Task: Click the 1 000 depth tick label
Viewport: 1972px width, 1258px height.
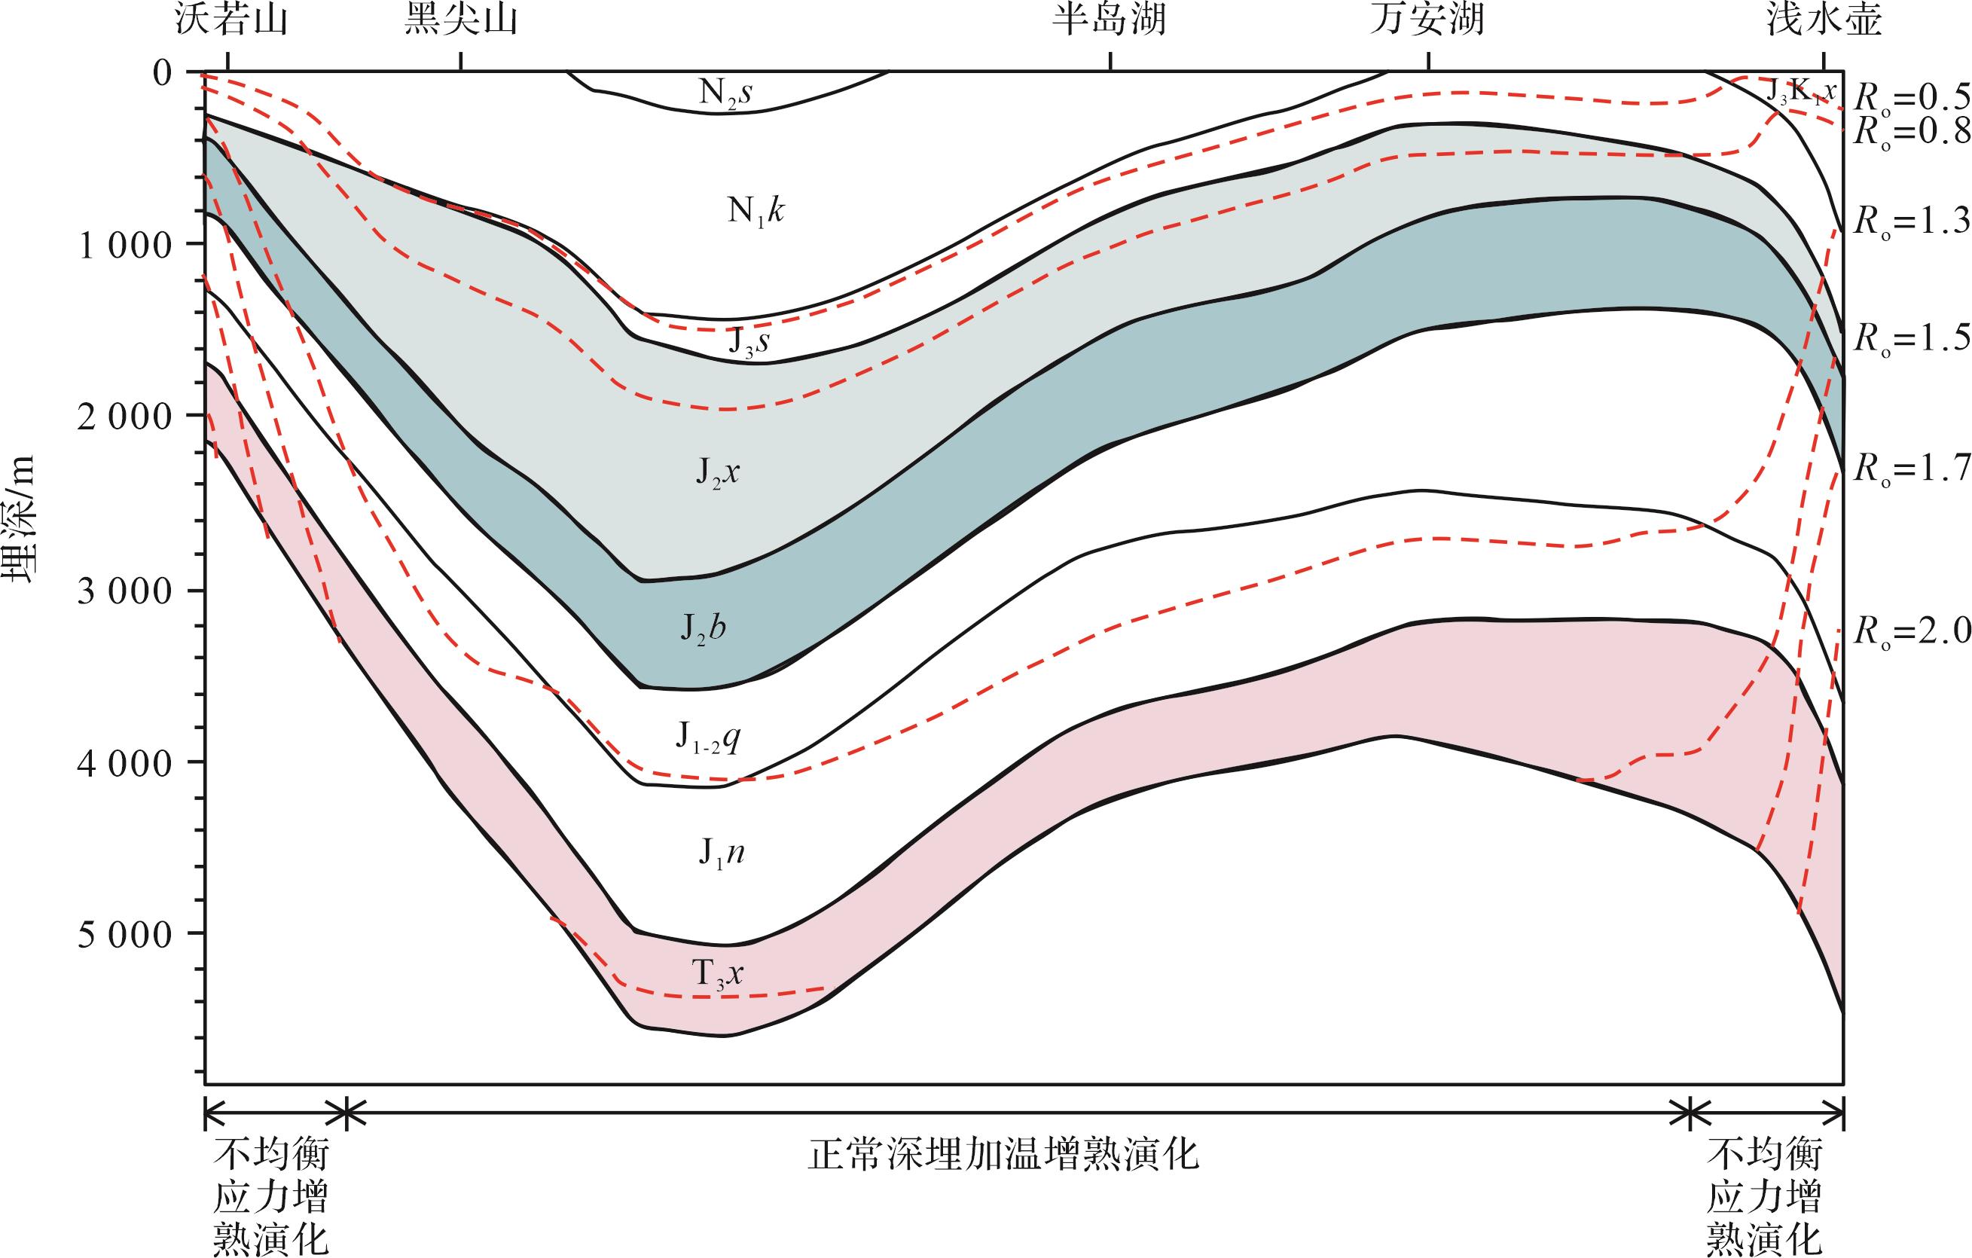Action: (124, 245)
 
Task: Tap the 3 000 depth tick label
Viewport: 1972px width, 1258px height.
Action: (124, 591)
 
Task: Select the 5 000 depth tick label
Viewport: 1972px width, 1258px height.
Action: (124, 935)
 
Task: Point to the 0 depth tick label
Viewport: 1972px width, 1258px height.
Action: (162, 72)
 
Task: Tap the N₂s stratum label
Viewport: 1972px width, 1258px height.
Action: (725, 93)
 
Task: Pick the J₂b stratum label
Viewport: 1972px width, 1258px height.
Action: (703, 630)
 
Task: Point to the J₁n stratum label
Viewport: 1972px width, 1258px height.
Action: (721, 855)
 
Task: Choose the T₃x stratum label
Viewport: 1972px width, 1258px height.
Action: (718, 975)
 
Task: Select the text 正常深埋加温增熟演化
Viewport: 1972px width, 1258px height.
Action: (1003, 1156)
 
